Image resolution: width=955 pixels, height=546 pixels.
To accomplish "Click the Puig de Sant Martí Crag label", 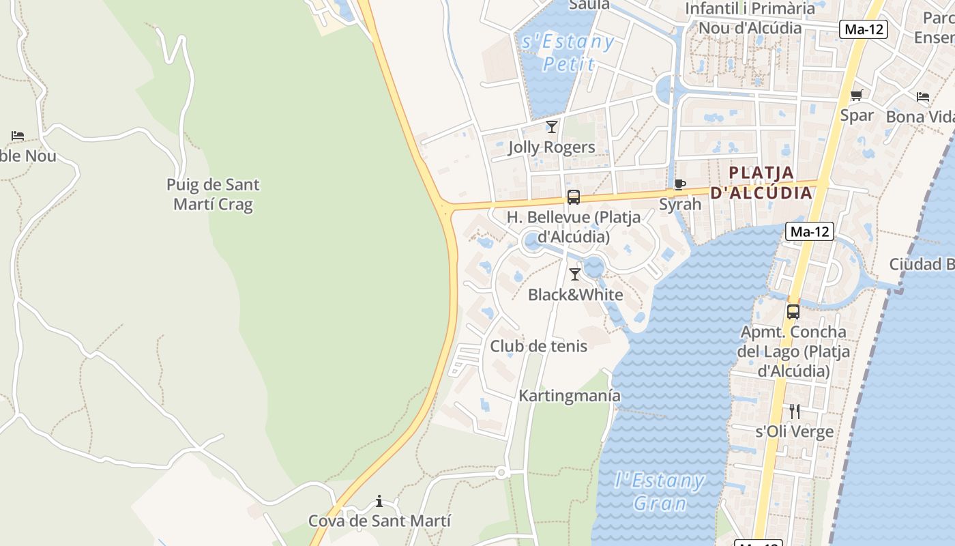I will coord(213,195).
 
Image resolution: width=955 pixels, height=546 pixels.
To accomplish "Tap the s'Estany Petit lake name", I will coord(568,53).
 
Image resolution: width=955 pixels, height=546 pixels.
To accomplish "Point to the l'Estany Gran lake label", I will coord(659,491).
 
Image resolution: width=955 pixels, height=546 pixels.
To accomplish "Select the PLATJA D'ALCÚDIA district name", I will coord(761,183).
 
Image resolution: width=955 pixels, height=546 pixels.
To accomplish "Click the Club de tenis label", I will coord(538,346).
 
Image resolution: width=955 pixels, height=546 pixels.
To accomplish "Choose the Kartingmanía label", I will coord(570,396).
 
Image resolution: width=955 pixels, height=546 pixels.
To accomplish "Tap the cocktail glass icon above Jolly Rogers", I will coord(552,127).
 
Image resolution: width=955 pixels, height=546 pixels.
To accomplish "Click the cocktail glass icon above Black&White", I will coord(575,274).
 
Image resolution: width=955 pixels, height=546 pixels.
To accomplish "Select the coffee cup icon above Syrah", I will coord(679,184).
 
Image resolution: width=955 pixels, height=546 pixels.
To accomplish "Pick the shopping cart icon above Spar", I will coord(856,96).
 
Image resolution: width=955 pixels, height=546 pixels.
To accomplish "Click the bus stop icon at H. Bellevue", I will coord(574,197).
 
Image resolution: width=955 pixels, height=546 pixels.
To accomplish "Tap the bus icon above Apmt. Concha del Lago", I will coord(793,312).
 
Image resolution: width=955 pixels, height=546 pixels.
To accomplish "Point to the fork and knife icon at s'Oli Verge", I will coord(794,411).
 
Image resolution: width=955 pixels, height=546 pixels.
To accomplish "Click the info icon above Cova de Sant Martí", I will coord(379,502).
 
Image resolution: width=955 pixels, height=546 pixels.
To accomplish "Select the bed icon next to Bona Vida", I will coord(923,97).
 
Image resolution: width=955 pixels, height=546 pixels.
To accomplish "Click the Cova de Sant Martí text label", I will coord(379,521).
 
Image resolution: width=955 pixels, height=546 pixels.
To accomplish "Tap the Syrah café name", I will coord(680,204).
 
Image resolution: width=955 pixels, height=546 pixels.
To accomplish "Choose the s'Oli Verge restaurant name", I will coord(794,431).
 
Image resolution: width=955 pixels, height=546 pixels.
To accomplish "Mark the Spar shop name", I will coord(857,115).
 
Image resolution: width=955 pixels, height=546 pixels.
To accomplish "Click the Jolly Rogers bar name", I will coord(551,147).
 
